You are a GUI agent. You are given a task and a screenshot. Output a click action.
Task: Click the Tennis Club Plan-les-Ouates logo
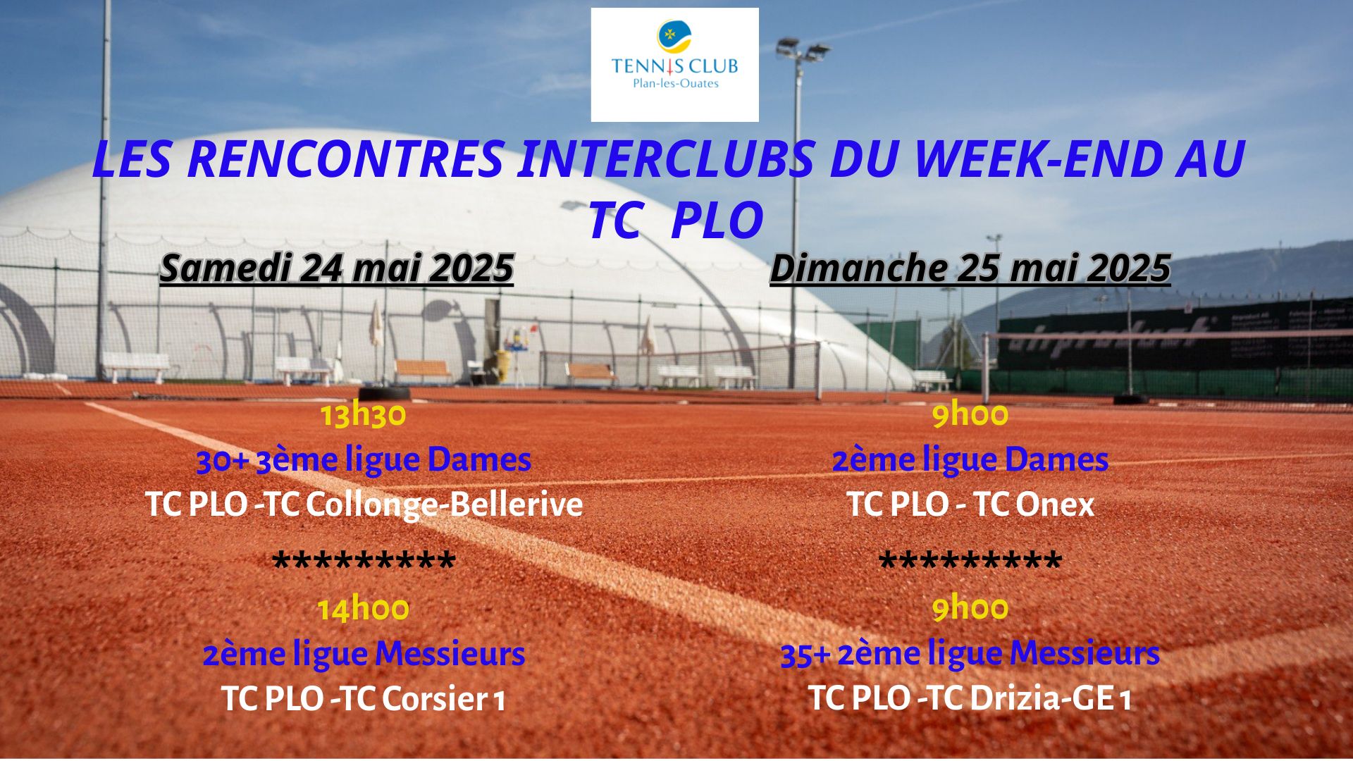[x=674, y=65]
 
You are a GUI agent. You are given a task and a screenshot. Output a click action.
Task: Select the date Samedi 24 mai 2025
[x=337, y=268]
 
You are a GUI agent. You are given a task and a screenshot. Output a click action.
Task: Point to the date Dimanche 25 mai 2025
[x=970, y=268]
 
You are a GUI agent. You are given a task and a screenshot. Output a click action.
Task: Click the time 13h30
[x=364, y=416]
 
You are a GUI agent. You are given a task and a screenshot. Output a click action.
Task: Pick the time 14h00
[x=364, y=609]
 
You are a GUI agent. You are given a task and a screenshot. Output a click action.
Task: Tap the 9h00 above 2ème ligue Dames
[x=970, y=416]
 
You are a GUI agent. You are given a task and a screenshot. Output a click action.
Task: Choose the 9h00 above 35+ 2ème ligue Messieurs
[x=970, y=609]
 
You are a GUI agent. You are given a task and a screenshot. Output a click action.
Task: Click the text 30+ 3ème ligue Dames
[x=364, y=461]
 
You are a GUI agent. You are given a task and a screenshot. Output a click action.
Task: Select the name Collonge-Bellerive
[x=445, y=505]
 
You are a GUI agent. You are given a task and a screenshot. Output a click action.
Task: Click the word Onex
[x=1055, y=505]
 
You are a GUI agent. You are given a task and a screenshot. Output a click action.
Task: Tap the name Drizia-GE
[x=1043, y=699]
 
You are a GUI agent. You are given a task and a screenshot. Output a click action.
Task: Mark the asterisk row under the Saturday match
[x=364, y=562]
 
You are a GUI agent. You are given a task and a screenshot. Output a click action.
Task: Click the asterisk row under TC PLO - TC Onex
[x=970, y=562]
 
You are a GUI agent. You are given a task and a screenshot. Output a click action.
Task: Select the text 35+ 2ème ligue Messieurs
[x=970, y=654]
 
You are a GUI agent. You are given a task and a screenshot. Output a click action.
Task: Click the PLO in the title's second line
[x=717, y=221]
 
